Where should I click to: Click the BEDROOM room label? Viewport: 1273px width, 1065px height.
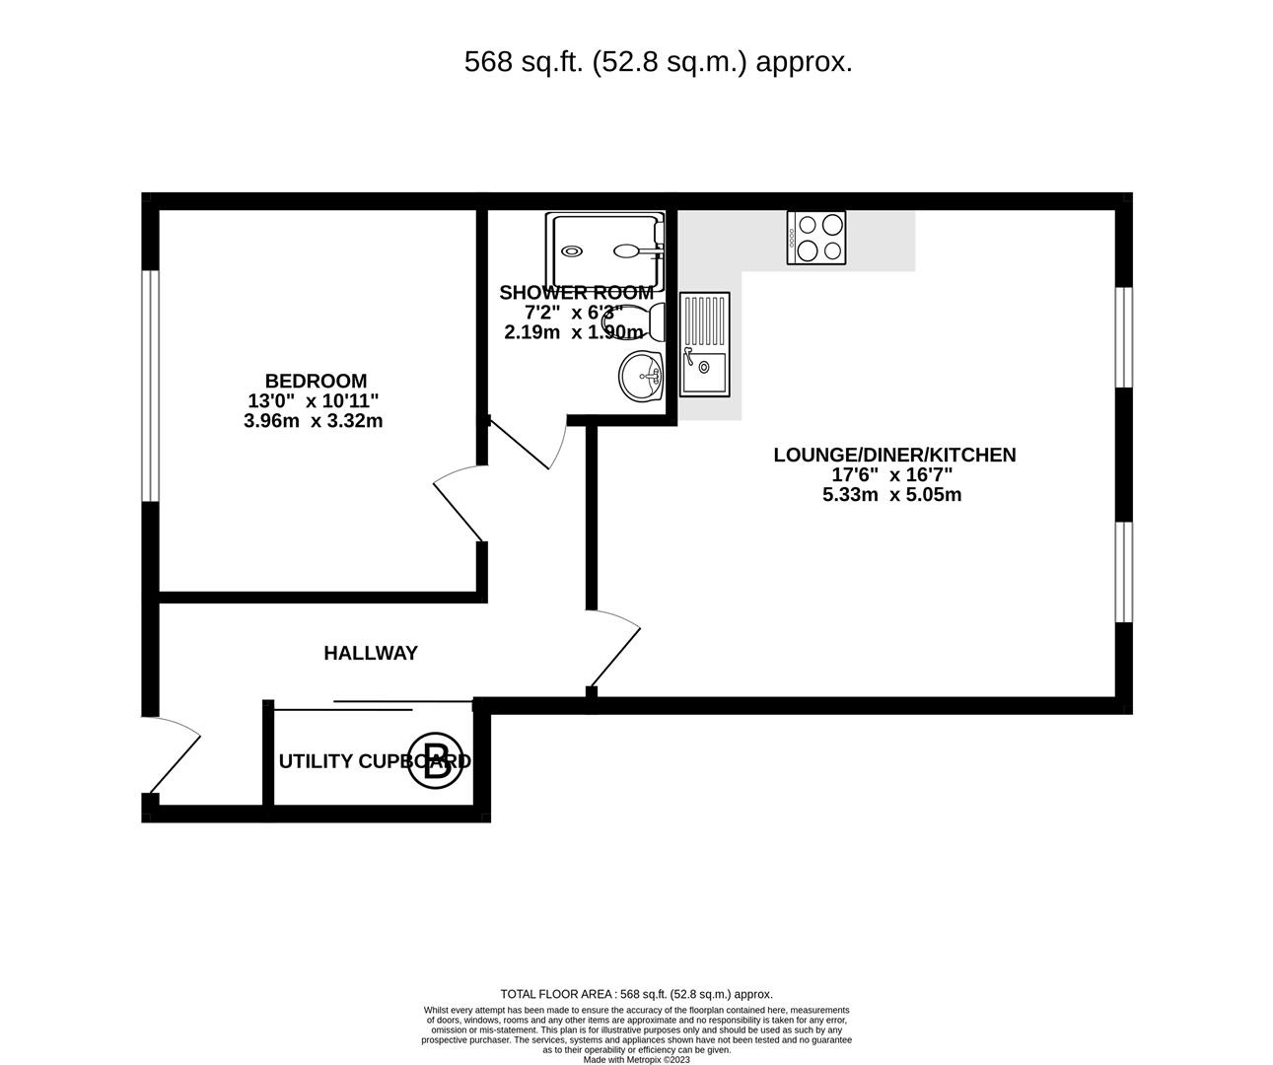(x=316, y=381)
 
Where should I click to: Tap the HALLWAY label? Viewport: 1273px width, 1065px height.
(x=371, y=653)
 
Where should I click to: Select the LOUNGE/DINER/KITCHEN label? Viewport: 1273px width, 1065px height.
(x=893, y=455)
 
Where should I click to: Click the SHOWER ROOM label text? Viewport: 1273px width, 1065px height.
(x=576, y=293)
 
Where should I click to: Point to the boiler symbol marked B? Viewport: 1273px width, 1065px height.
(x=437, y=761)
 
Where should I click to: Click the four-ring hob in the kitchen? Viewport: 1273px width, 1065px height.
(x=815, y=239)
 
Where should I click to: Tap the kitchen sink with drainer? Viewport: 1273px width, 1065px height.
(x=704, y=344)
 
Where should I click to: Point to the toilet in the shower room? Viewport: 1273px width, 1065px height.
(x=647, y=321)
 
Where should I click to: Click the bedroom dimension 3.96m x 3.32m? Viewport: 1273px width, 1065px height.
(x=314, y=421)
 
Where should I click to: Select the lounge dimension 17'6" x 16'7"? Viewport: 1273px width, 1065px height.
(x=891, y=474)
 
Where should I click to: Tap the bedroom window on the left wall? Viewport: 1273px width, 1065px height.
(x=150, y=385)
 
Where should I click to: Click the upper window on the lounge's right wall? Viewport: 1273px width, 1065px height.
(x=1123, y=336)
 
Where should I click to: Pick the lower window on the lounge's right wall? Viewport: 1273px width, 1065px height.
(x=1123, y=572)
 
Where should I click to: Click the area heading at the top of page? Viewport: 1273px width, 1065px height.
(x=658, y=62)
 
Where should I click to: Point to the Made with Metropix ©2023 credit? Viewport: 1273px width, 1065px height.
(x=636, y=1060)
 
